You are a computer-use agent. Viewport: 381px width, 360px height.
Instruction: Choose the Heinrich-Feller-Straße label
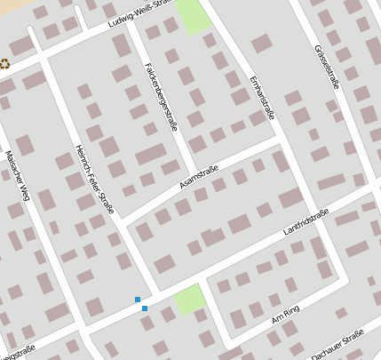click(x=94, y=174)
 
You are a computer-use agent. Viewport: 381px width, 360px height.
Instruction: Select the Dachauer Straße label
click(x=337, y=345)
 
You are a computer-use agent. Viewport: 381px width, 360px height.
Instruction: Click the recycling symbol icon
click(x=6, y=63)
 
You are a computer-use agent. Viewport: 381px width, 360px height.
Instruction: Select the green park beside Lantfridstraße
click(x=190, y=299)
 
